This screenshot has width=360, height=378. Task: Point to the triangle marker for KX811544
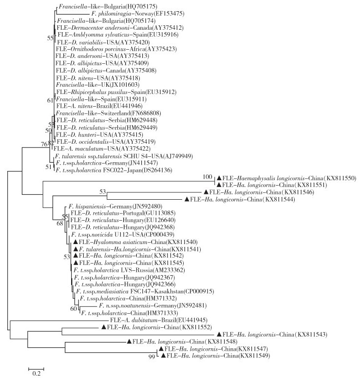[x=187, y=199]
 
